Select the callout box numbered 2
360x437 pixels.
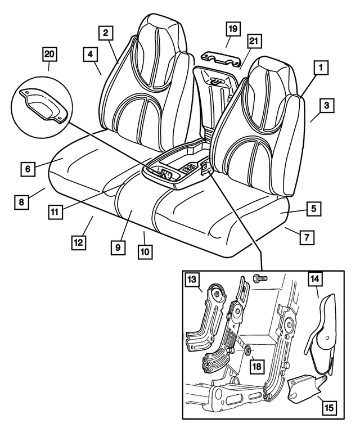point(105,33)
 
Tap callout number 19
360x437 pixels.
point(233,28)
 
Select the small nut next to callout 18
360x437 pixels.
point(247,352)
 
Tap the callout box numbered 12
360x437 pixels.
point(79,242)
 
